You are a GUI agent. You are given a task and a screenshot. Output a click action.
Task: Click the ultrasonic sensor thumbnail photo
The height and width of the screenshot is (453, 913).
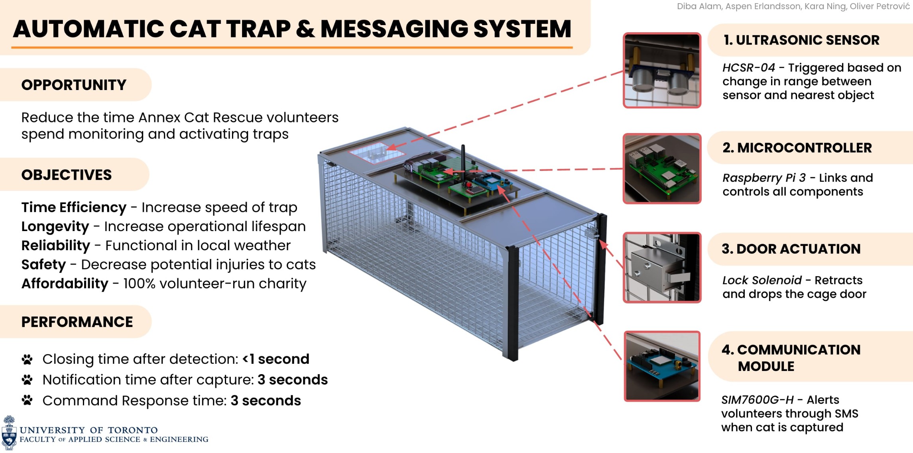662,70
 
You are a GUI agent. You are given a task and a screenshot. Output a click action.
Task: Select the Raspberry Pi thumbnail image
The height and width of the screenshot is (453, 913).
662,169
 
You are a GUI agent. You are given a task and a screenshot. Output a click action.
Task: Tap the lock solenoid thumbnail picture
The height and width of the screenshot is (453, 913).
662,267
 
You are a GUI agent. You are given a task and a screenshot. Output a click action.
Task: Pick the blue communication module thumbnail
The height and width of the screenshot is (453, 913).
662,366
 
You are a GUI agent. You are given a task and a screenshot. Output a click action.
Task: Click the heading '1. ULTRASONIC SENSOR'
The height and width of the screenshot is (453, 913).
801,40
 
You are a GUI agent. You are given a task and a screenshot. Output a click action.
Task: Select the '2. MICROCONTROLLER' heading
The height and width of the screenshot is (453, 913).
797,148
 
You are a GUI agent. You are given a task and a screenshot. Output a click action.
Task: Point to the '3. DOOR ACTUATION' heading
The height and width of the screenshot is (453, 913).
791,249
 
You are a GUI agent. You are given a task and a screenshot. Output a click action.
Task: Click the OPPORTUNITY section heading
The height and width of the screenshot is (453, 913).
74,85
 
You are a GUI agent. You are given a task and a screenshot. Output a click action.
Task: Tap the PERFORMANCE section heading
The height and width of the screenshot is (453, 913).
77,322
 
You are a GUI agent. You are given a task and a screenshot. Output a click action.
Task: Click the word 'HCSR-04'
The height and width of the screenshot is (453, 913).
748,68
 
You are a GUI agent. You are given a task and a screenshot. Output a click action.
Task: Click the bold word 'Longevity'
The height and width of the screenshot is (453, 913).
55,226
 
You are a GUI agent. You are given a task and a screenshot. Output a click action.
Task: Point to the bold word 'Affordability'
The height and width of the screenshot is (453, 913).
65,284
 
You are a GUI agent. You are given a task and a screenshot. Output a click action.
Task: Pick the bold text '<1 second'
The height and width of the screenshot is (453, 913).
276,359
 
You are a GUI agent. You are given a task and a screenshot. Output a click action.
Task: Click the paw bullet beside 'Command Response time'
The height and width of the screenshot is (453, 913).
27,400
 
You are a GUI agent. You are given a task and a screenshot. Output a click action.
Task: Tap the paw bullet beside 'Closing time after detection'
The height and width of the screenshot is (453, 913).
27,359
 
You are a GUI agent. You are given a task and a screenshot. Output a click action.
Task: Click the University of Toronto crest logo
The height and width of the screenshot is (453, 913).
9,433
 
